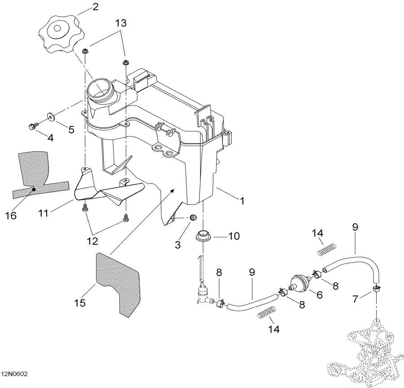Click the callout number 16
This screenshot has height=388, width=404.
pyautogui.click(x=11, y=216)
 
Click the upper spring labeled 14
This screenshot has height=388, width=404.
pyautogui.click(x=327, y=249)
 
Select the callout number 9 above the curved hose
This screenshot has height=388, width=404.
pyautogui.click(x=355, y=227)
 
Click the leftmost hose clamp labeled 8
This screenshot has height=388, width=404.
pyautogui.click(x=220, y=304)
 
